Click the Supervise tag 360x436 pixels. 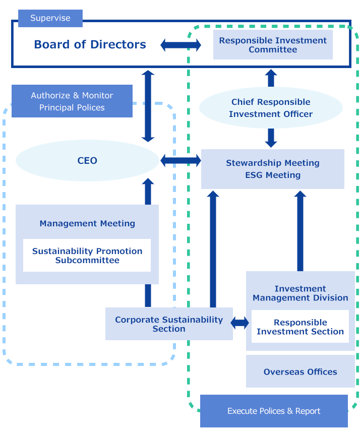[50, 18]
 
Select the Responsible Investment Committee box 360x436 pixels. [273, 45]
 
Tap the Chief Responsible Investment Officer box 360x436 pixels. [271, 108]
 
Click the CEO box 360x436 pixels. [87, 161]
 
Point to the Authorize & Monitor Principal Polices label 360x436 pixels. [72, 101]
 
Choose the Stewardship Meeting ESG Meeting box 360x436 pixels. [272, 169]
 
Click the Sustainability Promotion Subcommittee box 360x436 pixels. [87, 256]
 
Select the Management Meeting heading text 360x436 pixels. [87, 223]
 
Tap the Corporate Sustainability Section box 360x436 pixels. [169, 324]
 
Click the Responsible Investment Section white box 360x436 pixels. [300, 327]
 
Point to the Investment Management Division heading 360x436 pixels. [300, 293]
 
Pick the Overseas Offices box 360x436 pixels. [300, 371]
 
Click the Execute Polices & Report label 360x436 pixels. [274, 411]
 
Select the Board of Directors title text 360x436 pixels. [91, 44]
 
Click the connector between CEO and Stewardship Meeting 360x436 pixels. [180, 161]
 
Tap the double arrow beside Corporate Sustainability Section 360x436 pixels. [239, 323]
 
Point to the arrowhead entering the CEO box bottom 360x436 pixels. [147, 182]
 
